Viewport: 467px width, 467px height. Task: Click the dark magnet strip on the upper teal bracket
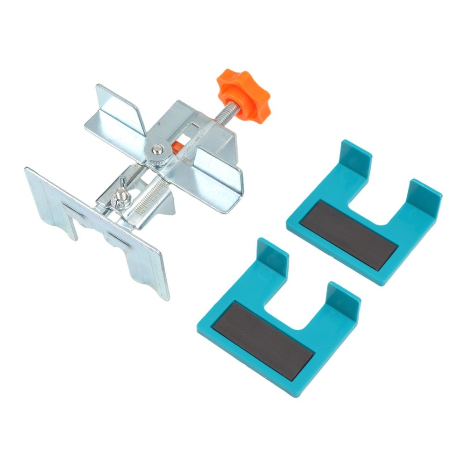click(x=348, y=234)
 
